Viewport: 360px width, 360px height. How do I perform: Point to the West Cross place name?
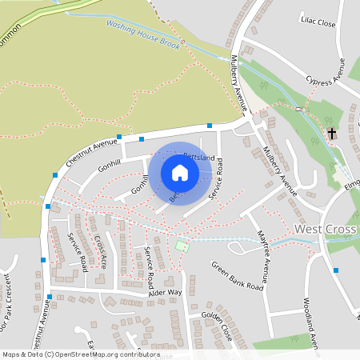[325, 229]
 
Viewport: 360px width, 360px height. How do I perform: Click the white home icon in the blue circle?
[180, 173]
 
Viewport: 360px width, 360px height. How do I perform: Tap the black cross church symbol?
[332, 134]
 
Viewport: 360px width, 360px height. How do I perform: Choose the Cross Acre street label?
[100, 250]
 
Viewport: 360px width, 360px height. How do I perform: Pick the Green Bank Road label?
[237, 274]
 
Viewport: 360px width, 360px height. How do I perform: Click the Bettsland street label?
[199, 158]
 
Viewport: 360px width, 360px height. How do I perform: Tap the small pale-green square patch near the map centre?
[182, 246]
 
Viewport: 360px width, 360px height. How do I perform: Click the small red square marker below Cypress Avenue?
[298, 108]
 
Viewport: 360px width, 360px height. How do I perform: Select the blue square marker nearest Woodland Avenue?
[335, 270]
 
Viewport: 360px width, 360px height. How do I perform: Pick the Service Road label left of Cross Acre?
[77, 252]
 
